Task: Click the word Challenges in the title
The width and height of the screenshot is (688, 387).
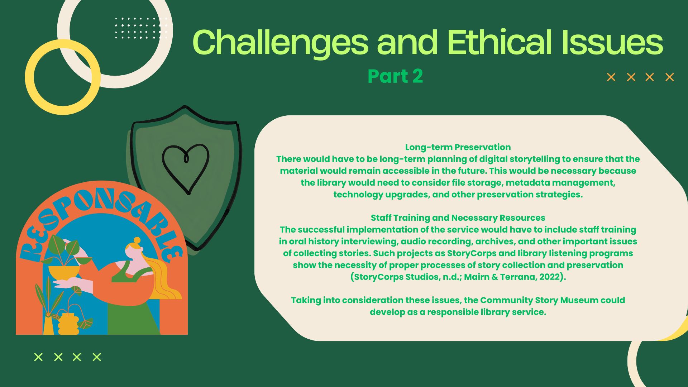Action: [281, 43]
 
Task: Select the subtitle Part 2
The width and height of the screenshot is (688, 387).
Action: [395, 76]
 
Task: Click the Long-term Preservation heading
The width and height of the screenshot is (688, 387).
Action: [458, 147]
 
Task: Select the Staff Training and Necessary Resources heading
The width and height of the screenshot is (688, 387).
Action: [458, 218]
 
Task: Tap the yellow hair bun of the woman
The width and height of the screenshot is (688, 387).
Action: [137, 240]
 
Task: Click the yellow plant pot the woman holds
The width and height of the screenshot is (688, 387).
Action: [64, 272]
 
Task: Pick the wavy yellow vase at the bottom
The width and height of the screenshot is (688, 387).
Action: [68, 324]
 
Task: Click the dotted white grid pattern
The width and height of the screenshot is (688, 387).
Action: [141, 28]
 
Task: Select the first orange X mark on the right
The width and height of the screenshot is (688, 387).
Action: [611, 77]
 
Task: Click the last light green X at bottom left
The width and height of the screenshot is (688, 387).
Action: [97, 357]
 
